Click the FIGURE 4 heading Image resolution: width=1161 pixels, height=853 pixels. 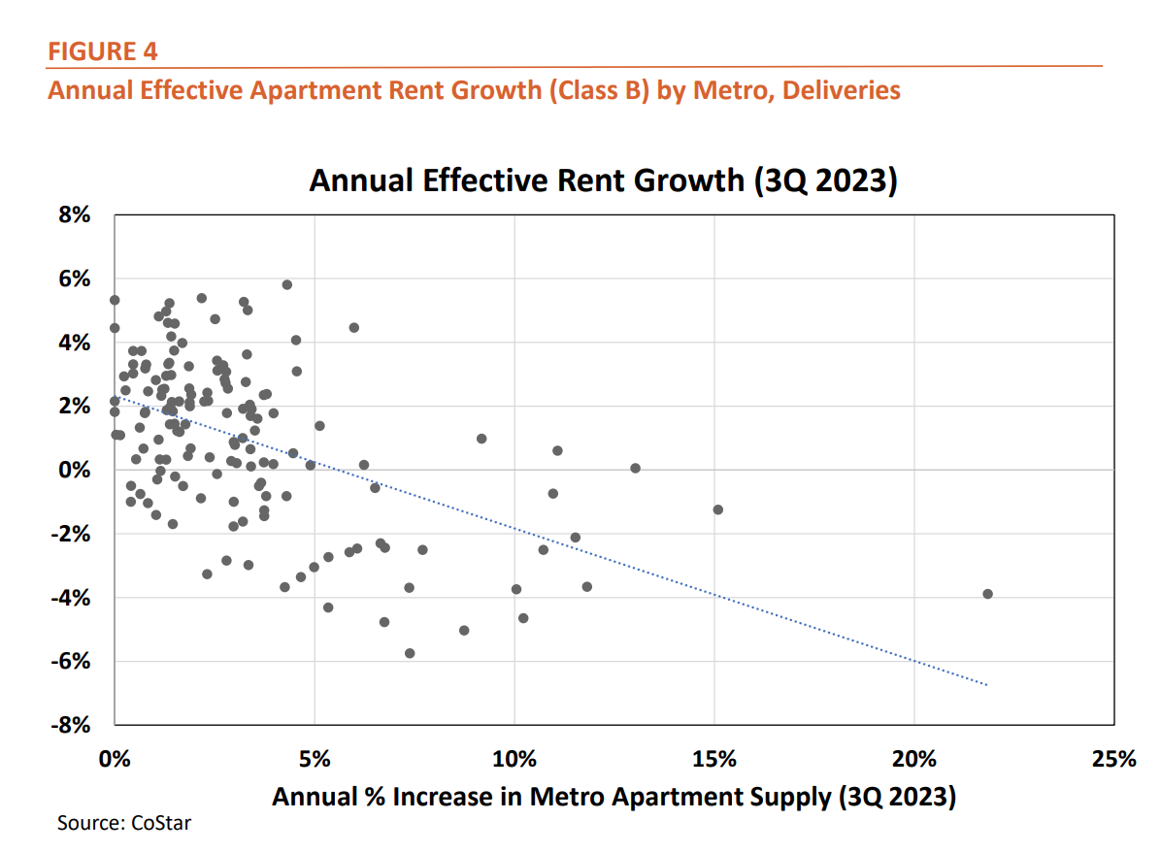click(x=102, y=50)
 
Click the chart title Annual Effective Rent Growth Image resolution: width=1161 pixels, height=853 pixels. click(x=602, y=181)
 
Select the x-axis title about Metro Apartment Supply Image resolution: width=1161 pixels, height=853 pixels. click(x=614, y=797)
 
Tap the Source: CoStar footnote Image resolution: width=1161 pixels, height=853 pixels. click(x=124, y=824)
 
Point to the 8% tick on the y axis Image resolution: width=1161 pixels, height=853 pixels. click(x=75, y=216)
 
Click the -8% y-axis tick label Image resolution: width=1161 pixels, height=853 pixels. click(x=71, y=725)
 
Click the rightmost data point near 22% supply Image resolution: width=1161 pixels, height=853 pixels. click(x=987, y=594)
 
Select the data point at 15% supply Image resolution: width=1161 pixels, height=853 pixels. click(x=718, y=509)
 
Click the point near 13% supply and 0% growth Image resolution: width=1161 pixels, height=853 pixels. click(x=636, y=468)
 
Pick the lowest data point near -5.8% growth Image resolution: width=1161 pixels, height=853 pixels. click(x=410, y=653)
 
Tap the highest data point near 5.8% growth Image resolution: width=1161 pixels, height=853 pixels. click(x=287, y=284)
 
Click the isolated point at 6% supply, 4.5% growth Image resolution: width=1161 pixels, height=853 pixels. click(x=354, y=327)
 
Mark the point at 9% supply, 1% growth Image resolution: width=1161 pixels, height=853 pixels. click(x=481, y=439)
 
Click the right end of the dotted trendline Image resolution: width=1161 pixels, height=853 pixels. click(x=987, y=685)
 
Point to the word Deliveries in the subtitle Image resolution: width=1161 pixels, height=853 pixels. click(x=841, y=90)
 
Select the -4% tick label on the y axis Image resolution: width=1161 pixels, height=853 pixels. click(x=71, y=598)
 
